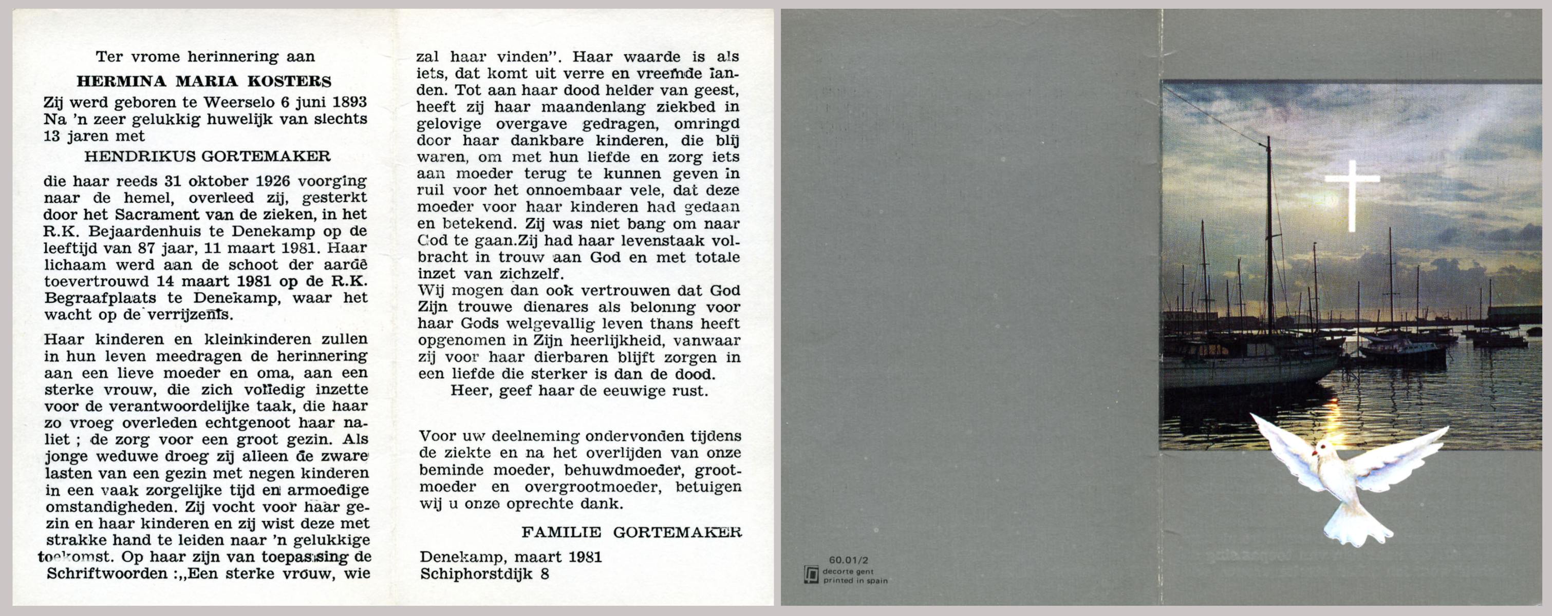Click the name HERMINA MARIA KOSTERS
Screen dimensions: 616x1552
204,81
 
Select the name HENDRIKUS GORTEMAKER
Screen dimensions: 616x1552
207,157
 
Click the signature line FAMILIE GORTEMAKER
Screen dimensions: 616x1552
631,532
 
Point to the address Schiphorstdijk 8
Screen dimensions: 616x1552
484,574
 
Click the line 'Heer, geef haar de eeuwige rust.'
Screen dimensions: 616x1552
579,391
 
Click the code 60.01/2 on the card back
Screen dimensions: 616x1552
848,560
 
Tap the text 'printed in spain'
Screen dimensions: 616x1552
855,581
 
